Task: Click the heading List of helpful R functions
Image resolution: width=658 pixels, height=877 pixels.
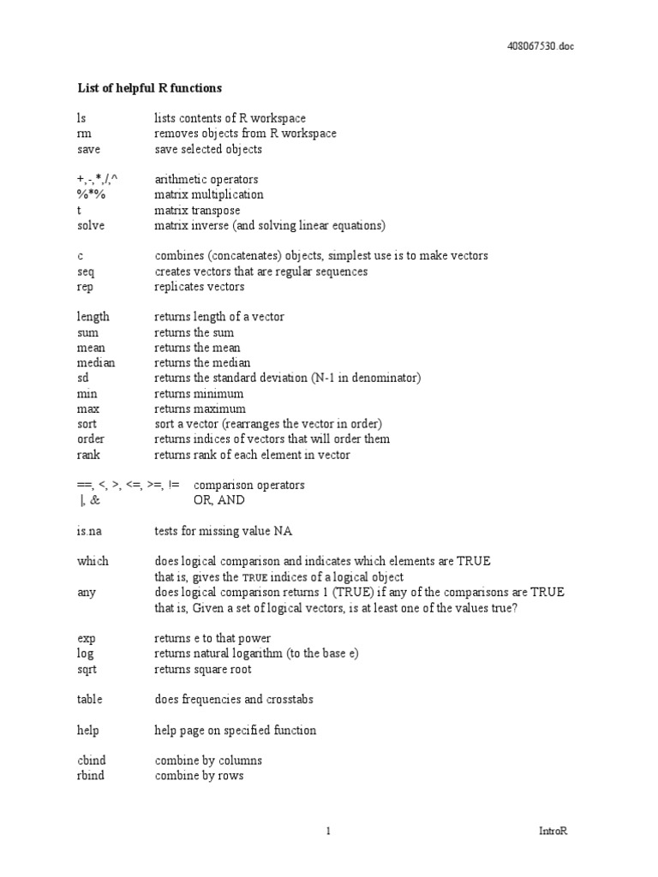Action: coord(149,87)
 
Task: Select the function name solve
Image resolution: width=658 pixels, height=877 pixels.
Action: coord(91,225)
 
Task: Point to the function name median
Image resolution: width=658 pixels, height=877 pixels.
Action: coord(95,363)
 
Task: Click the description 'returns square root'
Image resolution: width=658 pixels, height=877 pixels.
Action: coord(203,669)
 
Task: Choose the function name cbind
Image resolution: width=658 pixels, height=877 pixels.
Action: coord(93,761)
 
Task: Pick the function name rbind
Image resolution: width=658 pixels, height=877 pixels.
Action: coord(93,776)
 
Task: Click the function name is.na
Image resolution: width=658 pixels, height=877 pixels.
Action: coord(89,531)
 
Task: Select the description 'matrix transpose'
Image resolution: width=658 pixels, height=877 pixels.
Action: coord(197,210)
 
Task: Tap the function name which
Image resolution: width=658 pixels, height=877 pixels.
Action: coord(93,562)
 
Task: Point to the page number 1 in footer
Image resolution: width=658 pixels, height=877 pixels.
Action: coord(328,831)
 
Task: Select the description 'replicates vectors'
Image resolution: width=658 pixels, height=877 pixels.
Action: coord(199,287)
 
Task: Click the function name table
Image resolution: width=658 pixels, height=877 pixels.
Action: coord(89,700)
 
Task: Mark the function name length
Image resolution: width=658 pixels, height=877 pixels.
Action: coord(93,317)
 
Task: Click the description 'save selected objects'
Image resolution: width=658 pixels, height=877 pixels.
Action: coord(208,149)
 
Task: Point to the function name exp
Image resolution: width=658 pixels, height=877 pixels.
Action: coord(86,638)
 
